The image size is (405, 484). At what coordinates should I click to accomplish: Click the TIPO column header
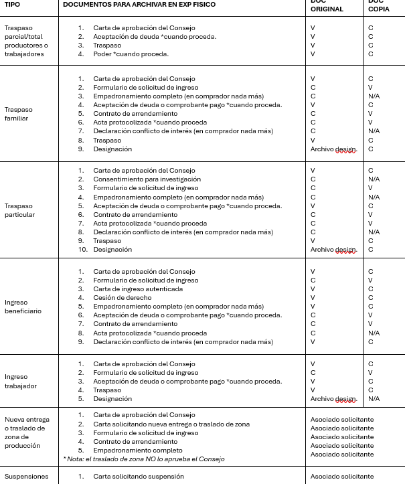12,5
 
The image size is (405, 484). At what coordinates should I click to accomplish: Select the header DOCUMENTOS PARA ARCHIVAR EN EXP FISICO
139,5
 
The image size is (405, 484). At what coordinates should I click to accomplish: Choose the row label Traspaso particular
19,210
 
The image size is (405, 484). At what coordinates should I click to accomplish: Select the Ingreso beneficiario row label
23,307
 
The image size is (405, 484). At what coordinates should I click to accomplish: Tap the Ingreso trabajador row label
20,381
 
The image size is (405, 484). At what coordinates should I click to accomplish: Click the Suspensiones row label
26,477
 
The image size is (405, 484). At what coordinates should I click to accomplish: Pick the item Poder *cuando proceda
131,54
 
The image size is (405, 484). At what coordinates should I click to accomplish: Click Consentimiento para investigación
147,179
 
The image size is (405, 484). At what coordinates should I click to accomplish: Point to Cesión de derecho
123,297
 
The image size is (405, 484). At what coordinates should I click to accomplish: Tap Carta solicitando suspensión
139,477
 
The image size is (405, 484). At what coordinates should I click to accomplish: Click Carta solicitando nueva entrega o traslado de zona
171,424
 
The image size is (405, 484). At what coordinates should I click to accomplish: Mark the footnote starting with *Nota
143,459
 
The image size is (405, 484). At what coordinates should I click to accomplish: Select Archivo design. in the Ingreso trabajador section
333,399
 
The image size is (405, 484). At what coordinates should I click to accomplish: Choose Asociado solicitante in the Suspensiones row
342,477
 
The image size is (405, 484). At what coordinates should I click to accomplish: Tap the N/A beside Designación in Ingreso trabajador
374,398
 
